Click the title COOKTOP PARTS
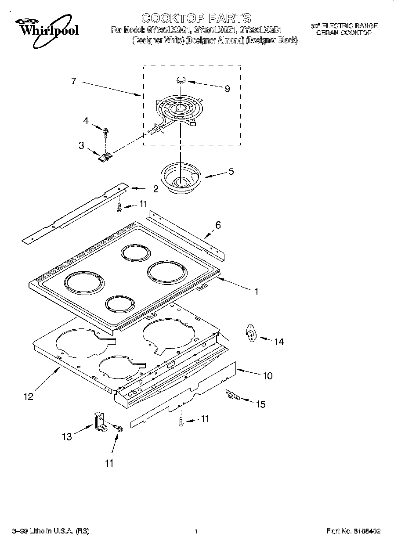point(196,18)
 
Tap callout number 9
point(227,89)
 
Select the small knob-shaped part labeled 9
point(180,80)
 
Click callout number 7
point(73,81)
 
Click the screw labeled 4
point(106,130)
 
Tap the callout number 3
point(81,145)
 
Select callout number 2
point(155,189)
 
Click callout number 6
point(218,226)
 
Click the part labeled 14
point(251,335)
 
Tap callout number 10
point(267,376)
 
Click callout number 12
point(28,396)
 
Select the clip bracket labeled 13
point(100,422)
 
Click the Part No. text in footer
point(354,531)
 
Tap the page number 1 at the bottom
point(196,531)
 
